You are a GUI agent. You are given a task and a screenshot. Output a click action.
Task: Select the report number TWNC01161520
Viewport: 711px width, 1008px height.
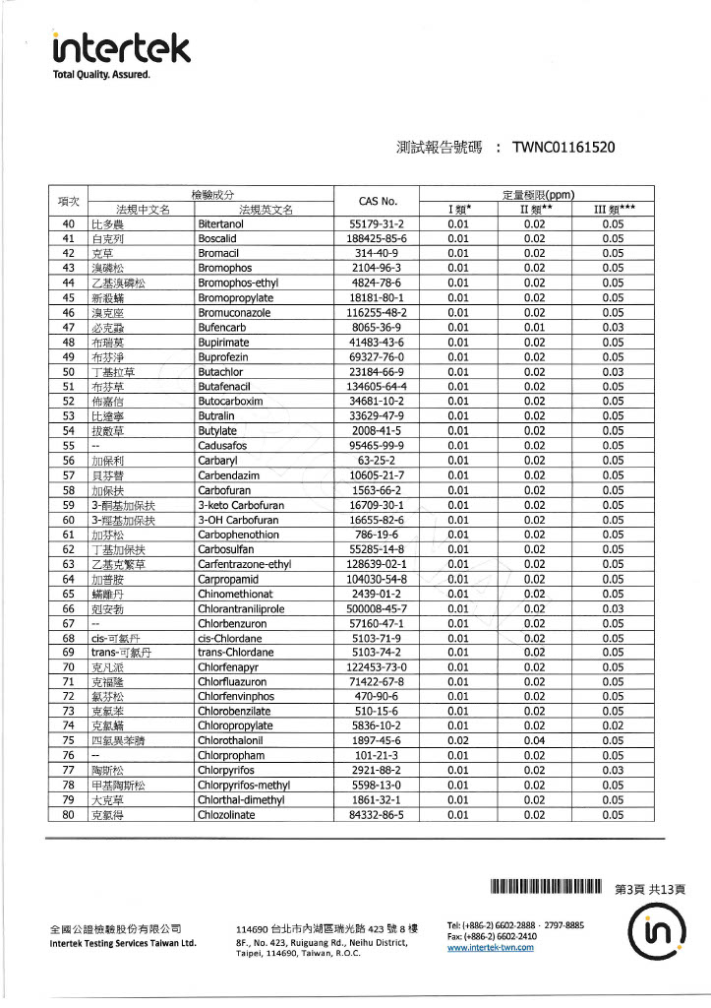pos(563,148)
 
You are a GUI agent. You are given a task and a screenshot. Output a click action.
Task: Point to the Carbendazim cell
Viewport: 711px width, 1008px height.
pos(232,474)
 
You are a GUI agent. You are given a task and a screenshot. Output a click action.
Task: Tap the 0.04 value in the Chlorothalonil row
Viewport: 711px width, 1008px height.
pos(534,740)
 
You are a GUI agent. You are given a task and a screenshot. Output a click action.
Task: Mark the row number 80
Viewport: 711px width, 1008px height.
pos(68,814)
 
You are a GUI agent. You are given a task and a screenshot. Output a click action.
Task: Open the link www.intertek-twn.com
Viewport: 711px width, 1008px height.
pos(490,947)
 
